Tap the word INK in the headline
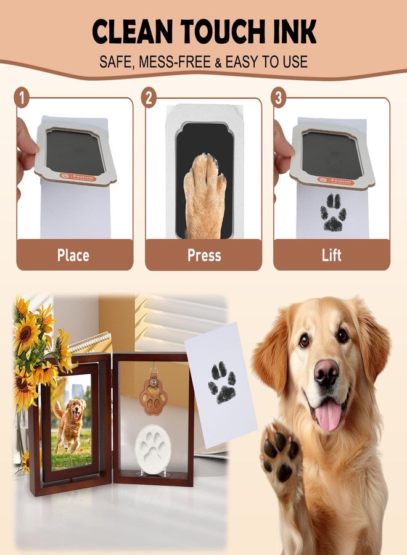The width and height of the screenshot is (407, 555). click(294, 32)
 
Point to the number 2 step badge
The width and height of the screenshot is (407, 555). click(149, 97)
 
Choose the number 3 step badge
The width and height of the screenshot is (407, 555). click(279, 97)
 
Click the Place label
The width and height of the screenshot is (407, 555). click(73, 255)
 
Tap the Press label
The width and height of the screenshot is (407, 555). click(203, 255)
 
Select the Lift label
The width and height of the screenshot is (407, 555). click(331, 255)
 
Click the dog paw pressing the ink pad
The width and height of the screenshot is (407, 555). click(204, 191)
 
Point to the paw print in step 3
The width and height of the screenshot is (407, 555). click(333, 212)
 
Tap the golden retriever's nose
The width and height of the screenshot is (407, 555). click(326, 372)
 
